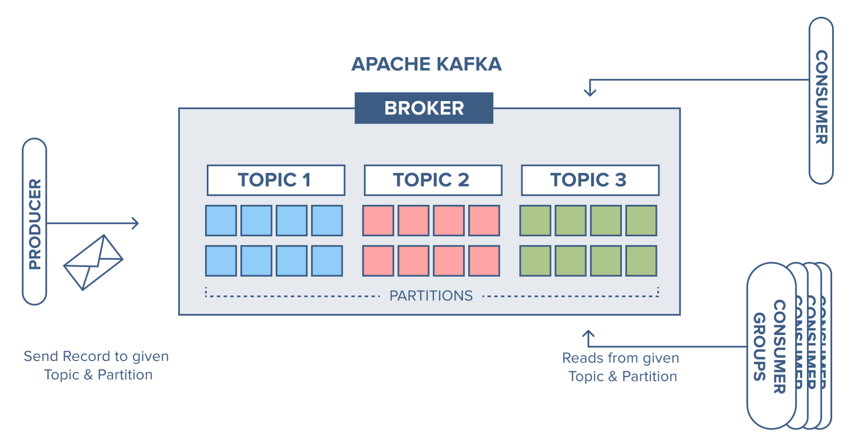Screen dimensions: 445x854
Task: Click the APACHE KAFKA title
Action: point(426,64)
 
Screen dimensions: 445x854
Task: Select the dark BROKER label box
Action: point(424,108)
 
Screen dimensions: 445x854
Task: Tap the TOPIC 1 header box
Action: point(276,180)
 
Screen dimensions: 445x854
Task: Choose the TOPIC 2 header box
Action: point(432,180)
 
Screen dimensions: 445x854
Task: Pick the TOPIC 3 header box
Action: point(590,180)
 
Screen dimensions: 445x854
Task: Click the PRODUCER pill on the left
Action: point(35,221)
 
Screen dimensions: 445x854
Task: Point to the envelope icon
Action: point(93,262)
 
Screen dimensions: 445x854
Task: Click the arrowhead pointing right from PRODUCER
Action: point(135,223)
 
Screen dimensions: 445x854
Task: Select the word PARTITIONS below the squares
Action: point(431,296)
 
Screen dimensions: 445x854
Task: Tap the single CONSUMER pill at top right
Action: point(821,101)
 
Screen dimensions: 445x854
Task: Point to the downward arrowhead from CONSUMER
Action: point(590,92)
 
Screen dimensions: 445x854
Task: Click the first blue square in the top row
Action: point(221,221)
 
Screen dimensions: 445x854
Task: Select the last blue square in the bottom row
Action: point(327,261)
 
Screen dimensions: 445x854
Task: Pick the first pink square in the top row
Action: point(378,221)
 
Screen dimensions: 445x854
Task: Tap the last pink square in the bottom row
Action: point(484,261)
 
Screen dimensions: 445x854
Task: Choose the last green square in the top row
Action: point(641,221)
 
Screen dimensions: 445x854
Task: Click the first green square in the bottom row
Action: point(535,261)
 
